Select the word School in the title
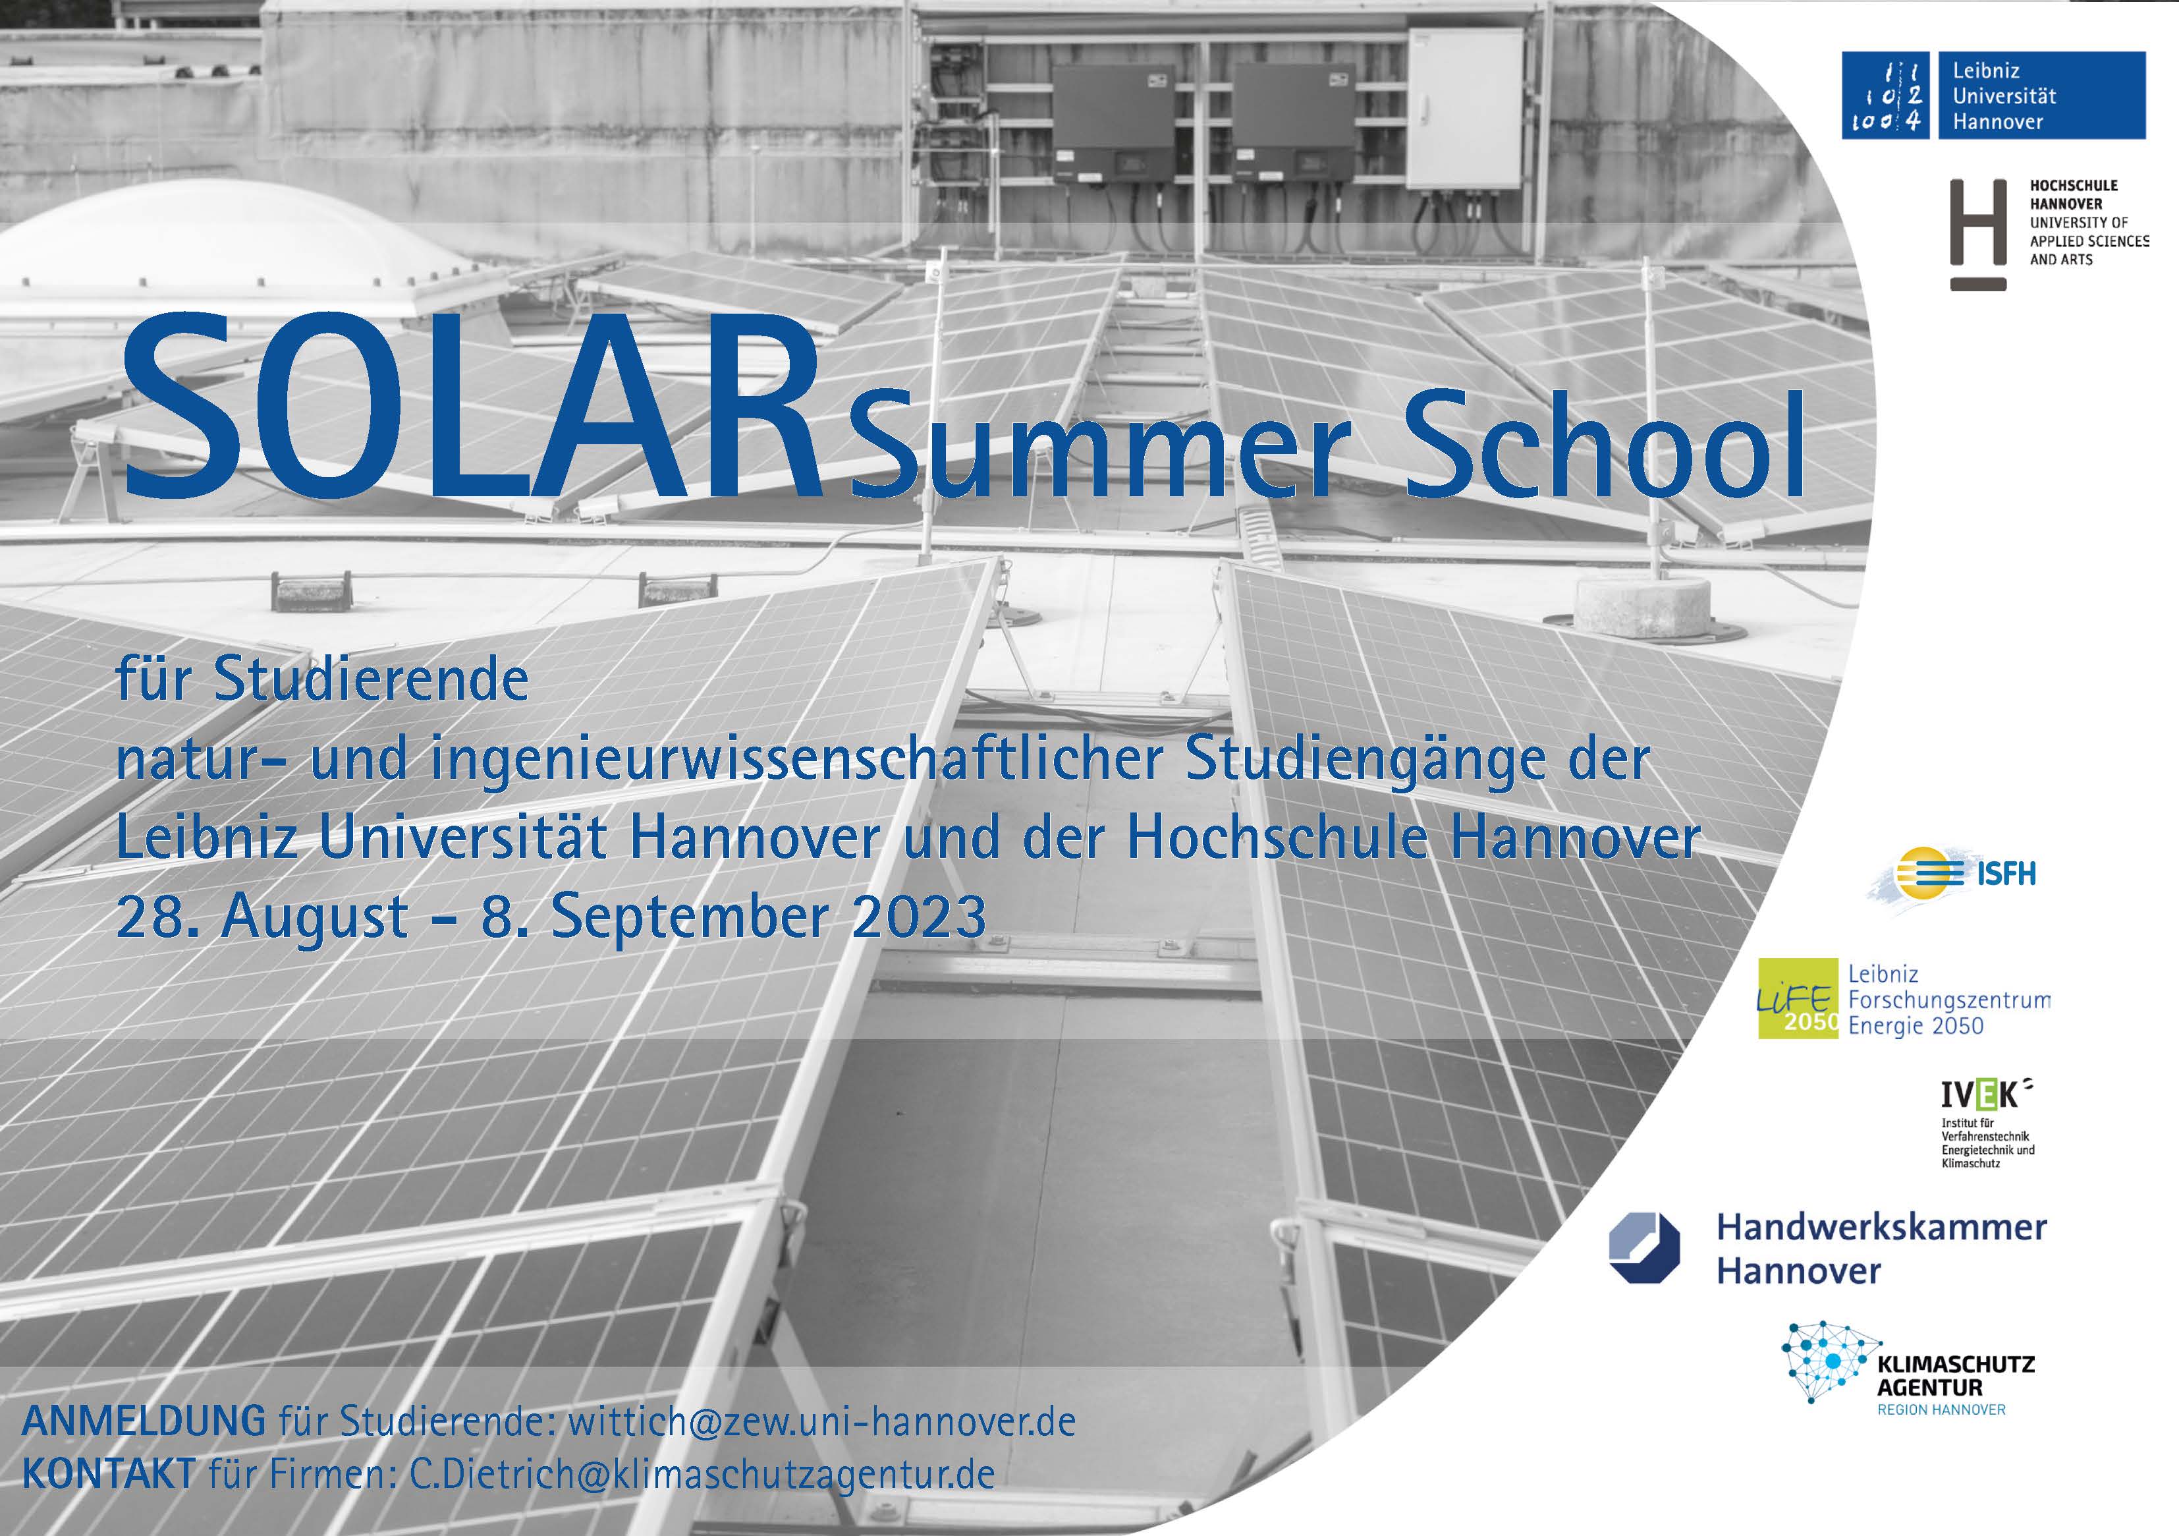1605,444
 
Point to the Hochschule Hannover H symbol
1978,235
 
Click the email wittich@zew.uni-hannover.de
822,1421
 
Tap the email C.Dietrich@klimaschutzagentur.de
702,1474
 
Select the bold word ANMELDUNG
144,1421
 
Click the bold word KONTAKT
108,1474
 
